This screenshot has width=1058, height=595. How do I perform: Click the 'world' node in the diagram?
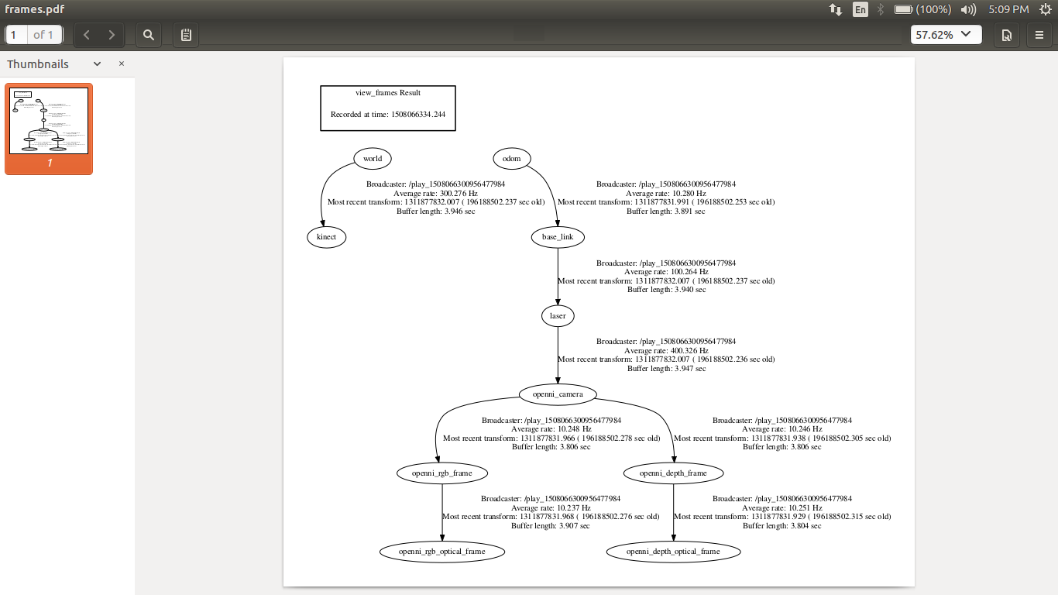click(373, 159)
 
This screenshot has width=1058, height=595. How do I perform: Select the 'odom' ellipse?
click(511, 159)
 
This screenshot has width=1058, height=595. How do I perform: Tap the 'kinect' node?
click(327, 237)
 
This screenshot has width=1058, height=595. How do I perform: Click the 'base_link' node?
click(558, 237)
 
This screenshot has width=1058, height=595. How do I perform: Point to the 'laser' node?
click(558, 316)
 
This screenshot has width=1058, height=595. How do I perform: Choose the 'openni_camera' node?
click(558, 394)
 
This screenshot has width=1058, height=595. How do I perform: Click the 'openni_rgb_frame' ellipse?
click(442, 473)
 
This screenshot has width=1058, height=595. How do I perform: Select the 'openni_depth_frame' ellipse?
click(673, 473)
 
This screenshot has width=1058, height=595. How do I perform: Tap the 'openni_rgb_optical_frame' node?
click(442, 552)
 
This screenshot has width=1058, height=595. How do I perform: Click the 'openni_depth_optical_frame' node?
click(673, 552)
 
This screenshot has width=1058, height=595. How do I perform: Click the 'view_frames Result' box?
click(388, 108)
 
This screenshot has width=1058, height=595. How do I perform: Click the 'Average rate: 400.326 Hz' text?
click(666, 350)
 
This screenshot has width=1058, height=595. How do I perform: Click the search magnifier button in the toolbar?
click(149, 35)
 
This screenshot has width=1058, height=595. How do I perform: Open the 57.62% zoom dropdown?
click(946, 35)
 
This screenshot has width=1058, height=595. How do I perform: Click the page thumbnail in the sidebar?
click(49, 122)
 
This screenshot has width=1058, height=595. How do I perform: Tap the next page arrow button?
click(112, 35)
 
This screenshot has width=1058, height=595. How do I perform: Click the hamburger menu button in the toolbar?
click(1039, 35)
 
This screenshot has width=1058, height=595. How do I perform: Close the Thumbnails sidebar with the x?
click(122, 64)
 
